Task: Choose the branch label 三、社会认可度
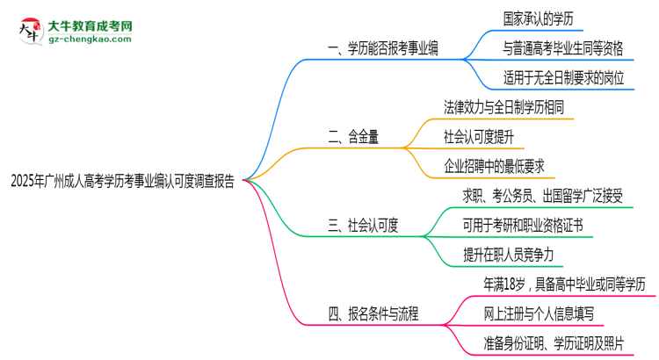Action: [363, 226]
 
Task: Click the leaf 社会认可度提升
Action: [486, 137]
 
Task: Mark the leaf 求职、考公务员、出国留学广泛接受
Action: [550, 195]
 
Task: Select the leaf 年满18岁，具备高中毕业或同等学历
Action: [564, 284]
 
